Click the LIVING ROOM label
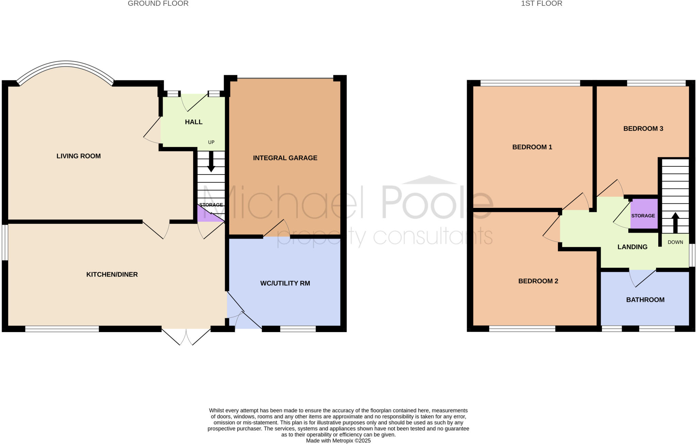[79, 156]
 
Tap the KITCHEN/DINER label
[112, 275]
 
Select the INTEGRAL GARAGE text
[285, 158]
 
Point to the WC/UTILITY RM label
[285, 283]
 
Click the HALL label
[194, 122]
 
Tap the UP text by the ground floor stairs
[211, 142]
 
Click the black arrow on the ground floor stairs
[211, 161]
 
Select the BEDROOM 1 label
[532, 147]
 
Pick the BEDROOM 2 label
[538, 281]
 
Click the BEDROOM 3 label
[643, 129]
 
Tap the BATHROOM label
[645, 300]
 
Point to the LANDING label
[632, 247]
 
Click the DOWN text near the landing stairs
[675, 242]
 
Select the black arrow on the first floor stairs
[675, 223]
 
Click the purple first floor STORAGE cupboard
[644, 216]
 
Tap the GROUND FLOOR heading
[158, 4]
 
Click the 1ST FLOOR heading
[541, 4]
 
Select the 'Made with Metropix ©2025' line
[338, 441]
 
